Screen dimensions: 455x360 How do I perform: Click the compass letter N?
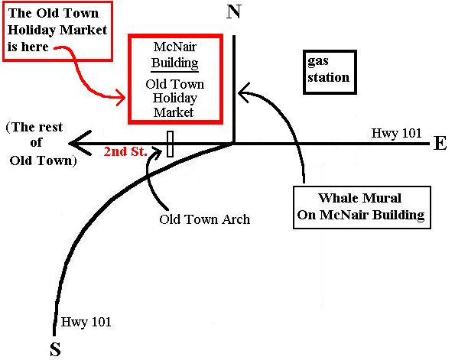click(233, 12)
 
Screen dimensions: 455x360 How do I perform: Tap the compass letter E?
click(440, 143)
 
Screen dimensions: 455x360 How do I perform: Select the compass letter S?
click(55, 349)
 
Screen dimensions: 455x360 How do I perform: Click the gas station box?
click(330, 73)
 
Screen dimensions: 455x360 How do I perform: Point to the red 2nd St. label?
click(125, 151)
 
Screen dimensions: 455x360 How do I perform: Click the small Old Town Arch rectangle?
click(171, 144)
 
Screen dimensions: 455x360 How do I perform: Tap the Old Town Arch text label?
click(205, 219)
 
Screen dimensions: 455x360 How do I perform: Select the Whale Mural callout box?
click(362, 207)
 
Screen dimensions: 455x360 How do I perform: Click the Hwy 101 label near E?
click(396, 133)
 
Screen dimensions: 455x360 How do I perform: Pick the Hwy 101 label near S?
click(86, 322)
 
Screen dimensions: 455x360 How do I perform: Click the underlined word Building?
click(175, 63)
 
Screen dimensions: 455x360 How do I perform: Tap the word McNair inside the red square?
click(175, 47)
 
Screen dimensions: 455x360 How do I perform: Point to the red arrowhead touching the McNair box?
click(121, 98)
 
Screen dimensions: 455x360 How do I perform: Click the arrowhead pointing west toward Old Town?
click(78, 143)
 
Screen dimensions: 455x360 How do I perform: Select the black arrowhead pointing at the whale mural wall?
click(244, 92)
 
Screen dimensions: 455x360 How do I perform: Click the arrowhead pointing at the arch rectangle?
click(157, 153)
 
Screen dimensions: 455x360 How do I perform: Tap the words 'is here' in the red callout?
click(28, 47)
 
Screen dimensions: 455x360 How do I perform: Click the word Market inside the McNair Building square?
click(174, 112)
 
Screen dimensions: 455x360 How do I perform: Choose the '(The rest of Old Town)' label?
click(41, 144)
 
